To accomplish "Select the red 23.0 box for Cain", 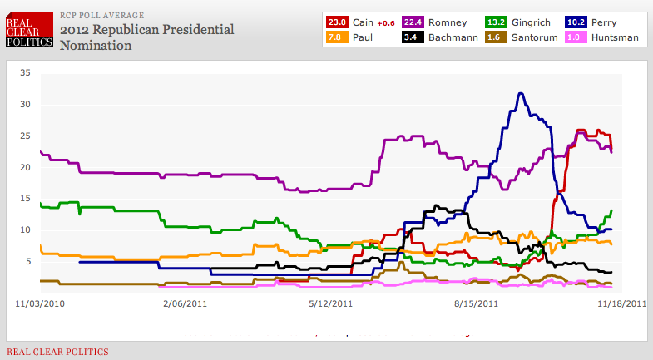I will click(x=338, y=21).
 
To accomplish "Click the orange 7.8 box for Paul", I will click(x=338, y=37).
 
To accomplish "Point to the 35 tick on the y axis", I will click(x=25, y=73).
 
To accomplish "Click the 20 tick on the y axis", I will click(x=25, y=167).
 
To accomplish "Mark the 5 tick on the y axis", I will click(x=27, y=261).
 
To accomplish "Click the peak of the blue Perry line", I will click(x=521, y=93).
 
